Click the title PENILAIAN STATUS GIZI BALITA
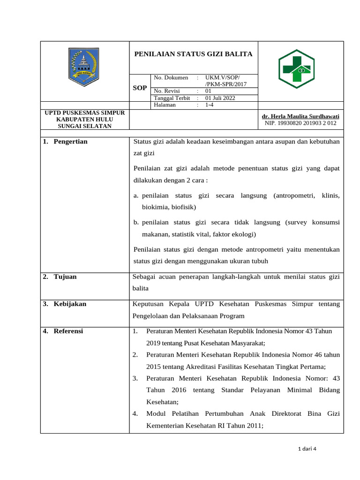pyautogui.click(x=194, y=54)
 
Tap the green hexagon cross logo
pyautogui.click(x=296, y=69)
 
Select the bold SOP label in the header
pyautogui.click(x=140, y=88)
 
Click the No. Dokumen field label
pyautogui.click(x=171, y=77)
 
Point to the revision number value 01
pyautogui.click(x=209, y=91)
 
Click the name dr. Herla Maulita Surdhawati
pyautogui.click(x=300, y=116)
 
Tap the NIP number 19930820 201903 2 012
pyautogui.click(x=300, y=123)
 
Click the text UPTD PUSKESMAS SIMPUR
pyautogui.click(x=84, y=113)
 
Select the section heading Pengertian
pyautogui.click(x=70, y=142)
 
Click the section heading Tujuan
pyautogui.click(x=65, y=277)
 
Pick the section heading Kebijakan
pyautogui.click(x=70, y=304)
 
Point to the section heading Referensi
pyautogui.click(x=68, y=331)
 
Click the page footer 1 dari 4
pyautogui.click(x=307, y=449)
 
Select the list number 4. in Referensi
pyautogui.click(x=135, y=413)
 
